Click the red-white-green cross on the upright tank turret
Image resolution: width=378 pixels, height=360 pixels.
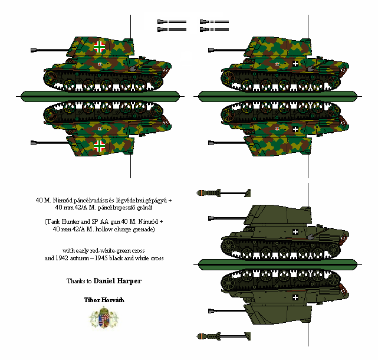[x=99, y=47]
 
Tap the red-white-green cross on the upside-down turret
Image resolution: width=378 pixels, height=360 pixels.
[x=99, y=146]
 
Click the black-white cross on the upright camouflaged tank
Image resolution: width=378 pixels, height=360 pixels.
[x=295, y=64]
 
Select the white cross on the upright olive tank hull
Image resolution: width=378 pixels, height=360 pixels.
[x=295, y=232]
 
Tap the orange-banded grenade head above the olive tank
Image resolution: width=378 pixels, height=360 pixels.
[x=201, y=193]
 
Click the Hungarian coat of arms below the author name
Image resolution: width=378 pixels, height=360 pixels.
[x=104, y=317]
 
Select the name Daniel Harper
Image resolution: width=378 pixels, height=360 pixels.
[x=117, y=281]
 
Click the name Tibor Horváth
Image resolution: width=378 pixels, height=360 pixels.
[x=104, y=300]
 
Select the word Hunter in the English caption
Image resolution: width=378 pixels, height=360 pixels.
[x=70, y=221]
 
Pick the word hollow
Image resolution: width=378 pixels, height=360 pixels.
[x=104, y=229]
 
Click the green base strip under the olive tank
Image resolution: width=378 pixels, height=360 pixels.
[x=278, y=265]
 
